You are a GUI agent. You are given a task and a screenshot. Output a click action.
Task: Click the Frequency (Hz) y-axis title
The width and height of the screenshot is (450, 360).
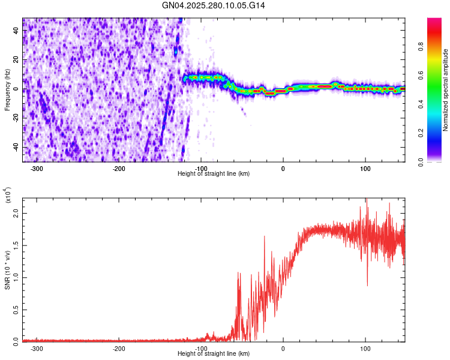click(x=7, y=90)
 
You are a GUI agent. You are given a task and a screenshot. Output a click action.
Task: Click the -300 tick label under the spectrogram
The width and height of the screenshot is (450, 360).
click(x=37, y=168)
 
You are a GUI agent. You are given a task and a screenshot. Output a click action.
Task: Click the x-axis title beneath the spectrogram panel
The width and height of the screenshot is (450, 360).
click(x=214, y=174)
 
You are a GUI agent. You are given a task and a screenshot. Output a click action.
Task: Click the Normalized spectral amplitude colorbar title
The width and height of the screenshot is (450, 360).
click(x=446, y=90)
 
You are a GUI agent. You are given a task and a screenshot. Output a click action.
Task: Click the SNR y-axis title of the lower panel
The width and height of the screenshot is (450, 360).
click(x=7, y=270)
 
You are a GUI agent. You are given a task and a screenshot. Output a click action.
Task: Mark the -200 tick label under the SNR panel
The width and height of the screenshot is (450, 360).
click(x=119, y=348)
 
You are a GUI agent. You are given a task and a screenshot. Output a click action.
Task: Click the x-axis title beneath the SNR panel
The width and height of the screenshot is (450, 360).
click(x=214, y=354)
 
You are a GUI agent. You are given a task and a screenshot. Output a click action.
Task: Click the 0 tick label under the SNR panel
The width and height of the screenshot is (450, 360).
click(x=283, y=348)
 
